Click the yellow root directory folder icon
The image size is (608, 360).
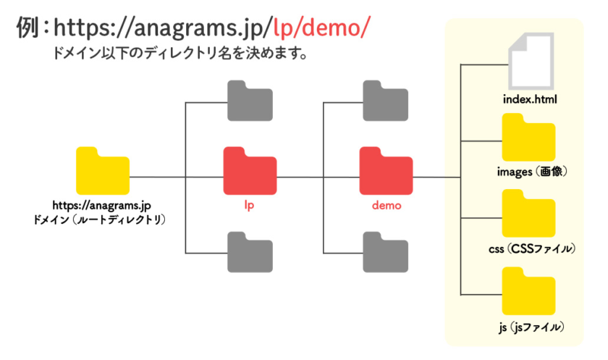[102, 171]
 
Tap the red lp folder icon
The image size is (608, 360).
[250, 171]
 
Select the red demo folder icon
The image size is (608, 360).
[386, 171]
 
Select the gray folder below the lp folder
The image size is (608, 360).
[250, 251]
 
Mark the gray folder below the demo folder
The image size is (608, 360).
[386, 251]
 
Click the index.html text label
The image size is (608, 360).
[531, 97]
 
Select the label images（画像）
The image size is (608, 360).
[531, 172]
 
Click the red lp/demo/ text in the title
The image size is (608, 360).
[321, 28]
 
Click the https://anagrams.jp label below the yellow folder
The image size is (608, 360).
[102, 205]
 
